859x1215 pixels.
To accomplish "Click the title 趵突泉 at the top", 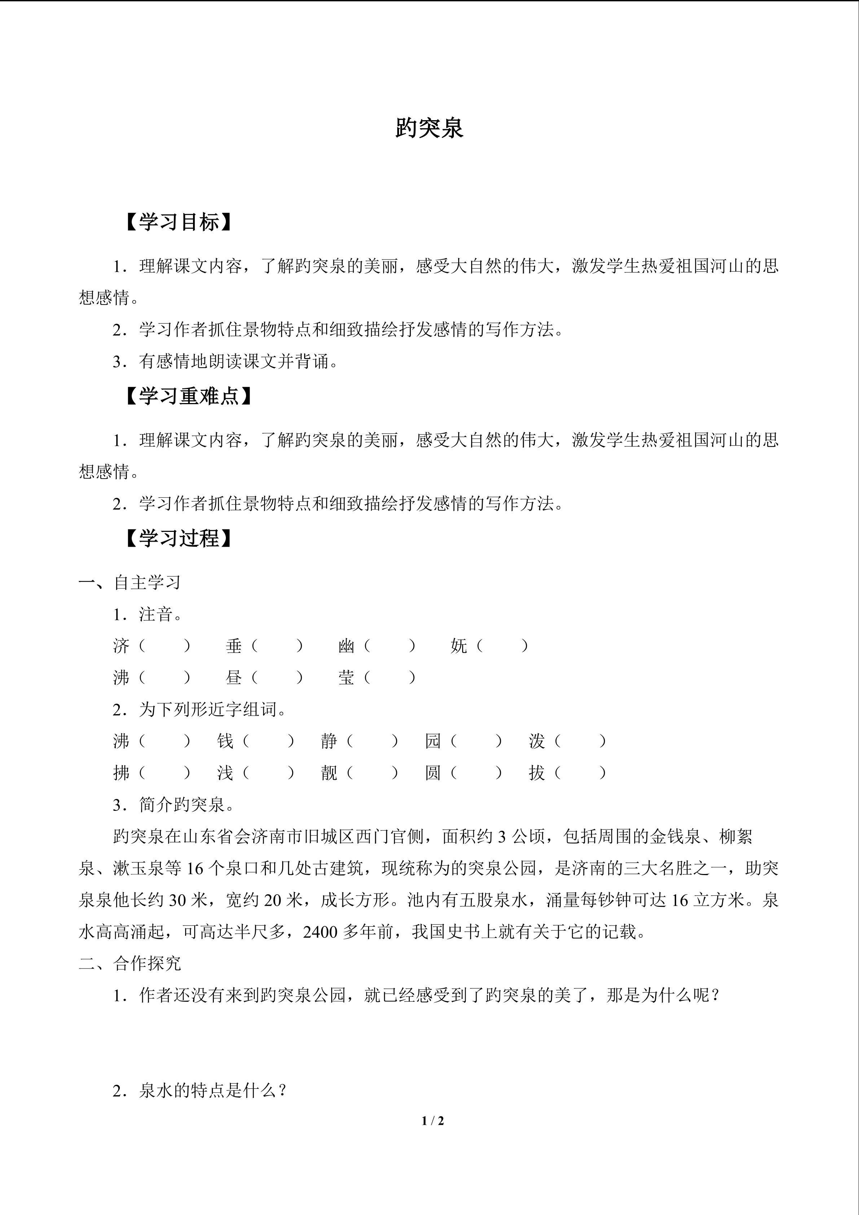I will coord(429,128).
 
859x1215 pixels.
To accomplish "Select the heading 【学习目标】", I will coord(179,223).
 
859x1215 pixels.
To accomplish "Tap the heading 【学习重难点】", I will coord(189,396).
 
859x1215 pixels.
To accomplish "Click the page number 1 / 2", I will coord(433,1120).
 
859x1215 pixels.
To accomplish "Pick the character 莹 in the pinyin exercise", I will coord(346,677).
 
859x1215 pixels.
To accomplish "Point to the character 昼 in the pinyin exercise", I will coord(234,677).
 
